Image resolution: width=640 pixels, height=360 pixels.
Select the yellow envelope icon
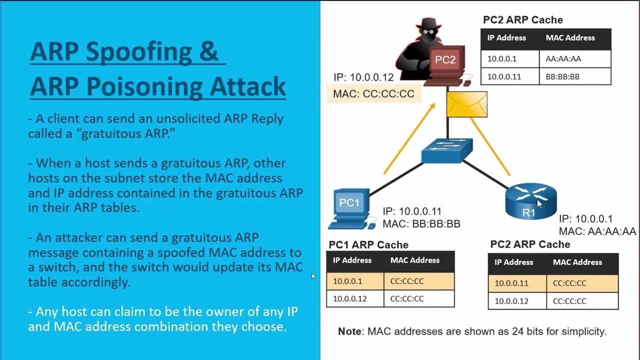point(466,104)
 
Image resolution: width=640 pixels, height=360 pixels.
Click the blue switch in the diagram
point(446,150)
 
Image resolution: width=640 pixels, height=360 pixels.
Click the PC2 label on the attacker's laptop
point(445,60)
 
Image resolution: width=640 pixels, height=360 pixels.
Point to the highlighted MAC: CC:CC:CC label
point(373,94)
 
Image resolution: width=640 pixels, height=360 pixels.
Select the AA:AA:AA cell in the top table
point(563,58)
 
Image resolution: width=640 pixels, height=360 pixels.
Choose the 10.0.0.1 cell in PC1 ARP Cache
point(347,281)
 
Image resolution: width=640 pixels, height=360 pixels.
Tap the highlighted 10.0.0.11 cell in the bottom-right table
point(511,283)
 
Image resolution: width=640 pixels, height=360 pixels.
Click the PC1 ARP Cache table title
point(368,244)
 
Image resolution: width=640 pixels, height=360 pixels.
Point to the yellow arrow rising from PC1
point(408,140)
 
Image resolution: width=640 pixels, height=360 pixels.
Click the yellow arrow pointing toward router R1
point(490,147)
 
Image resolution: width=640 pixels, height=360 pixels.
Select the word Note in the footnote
point(350,331)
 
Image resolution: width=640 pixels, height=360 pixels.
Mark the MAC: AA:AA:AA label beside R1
point(597,231)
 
